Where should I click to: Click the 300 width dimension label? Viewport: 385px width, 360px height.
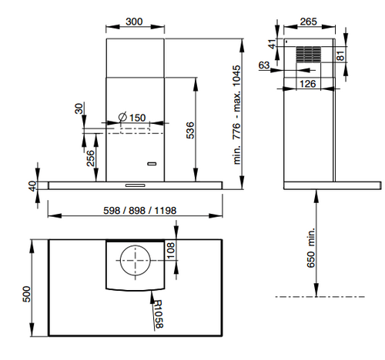(134, 22)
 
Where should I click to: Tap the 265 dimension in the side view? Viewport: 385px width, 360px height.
(309, 22)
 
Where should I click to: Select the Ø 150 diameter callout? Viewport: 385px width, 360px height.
(132, 118)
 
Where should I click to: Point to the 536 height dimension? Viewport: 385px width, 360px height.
(190, 130)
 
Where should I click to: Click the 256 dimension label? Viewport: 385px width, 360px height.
(90, 158)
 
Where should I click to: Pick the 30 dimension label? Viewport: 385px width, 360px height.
(79, 108)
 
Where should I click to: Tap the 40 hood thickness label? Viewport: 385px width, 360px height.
(33, 186)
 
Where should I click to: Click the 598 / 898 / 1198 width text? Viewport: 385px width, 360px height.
(140, 211)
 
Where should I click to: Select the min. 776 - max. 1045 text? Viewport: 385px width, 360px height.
(236, 115)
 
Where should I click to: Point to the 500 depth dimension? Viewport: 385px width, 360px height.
(27, 294)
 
